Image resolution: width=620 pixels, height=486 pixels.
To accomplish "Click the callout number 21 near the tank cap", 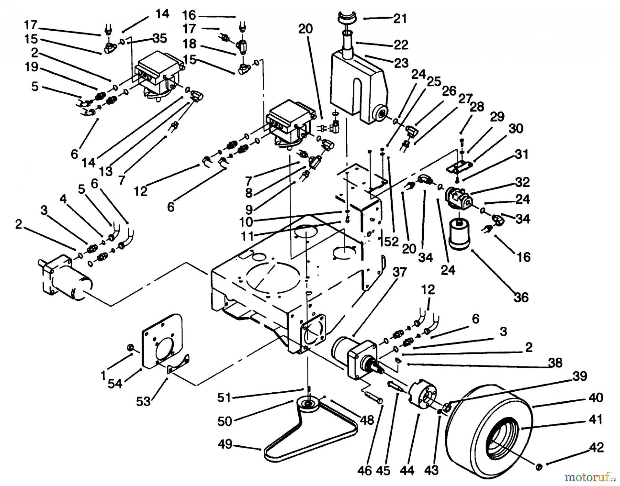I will (x=400, y=18).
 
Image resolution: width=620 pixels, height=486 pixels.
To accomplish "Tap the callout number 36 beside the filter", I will (x=521, y=297).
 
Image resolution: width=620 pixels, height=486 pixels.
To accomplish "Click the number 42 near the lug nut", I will (x=596, y=448).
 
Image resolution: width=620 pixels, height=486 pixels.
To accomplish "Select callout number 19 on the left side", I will (x=31, y=67).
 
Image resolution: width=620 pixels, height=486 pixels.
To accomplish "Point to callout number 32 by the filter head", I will (x=522, y=182).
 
